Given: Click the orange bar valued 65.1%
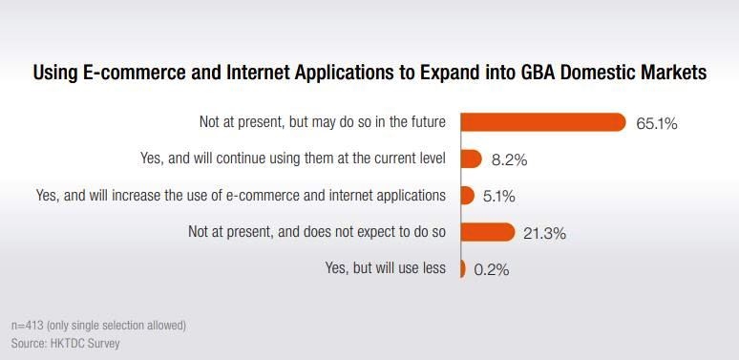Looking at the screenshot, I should [542, 122].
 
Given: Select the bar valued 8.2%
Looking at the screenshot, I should [471, 159].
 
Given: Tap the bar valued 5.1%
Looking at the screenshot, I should [467, 196].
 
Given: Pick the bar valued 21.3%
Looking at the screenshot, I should [488, 232].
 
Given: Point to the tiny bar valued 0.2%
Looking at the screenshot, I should [462, 268].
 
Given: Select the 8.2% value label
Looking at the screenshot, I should [507, 159].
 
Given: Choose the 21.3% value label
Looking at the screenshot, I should [545, 233].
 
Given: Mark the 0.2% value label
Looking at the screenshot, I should [492, 269].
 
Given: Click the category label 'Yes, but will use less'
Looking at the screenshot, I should [386, 268].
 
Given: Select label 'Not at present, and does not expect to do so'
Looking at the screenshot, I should [317, 232].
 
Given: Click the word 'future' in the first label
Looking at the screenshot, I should [426, 122].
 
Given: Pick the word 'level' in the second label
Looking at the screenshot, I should [431, 159].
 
